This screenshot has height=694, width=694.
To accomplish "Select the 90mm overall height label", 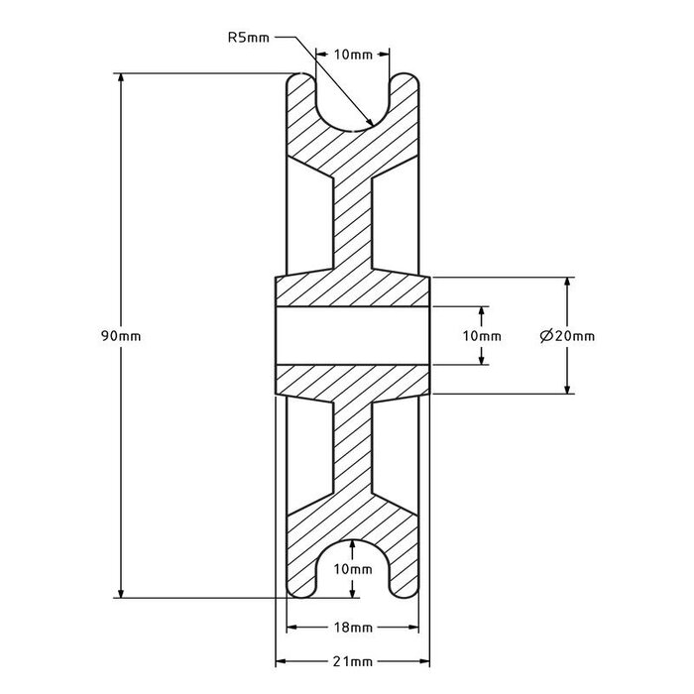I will tap(122, 336).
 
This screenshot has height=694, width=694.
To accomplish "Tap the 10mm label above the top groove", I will tap(354, 56).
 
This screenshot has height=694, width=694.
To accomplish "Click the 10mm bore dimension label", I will tap(482, 336).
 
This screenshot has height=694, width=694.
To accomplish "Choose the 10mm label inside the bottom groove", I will tap(354, 569).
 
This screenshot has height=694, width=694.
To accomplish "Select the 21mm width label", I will tap(354, 660).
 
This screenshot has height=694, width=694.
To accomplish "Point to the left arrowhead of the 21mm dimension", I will tap(279, 660).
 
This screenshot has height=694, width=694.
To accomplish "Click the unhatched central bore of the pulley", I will tap(353, 336).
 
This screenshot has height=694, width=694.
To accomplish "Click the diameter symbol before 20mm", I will tap(546, 336).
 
